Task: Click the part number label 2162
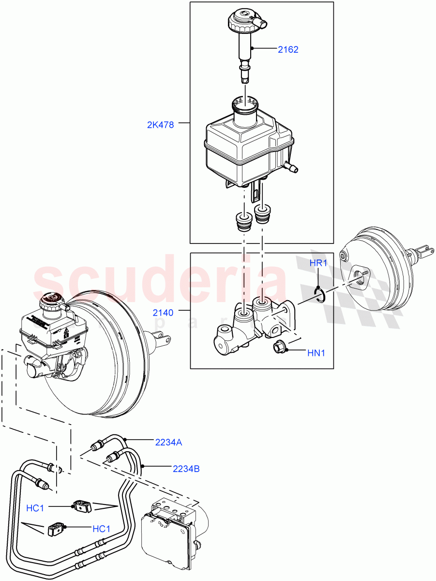click(288, 49)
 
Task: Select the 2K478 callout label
click(160, 124)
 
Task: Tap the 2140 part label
click(163, 313)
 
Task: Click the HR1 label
click(319, 263)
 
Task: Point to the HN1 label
click(316, 353)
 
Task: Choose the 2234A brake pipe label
click(168, 442)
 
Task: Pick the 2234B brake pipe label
click(186, 469)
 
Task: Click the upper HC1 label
click(35, 508)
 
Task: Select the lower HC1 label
click(101, 529)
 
